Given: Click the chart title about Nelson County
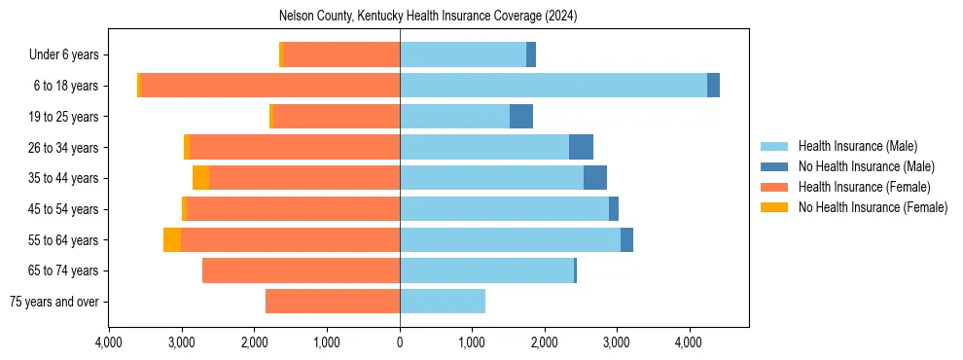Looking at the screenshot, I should (428, 16).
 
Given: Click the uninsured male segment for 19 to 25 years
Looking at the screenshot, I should (521, 117).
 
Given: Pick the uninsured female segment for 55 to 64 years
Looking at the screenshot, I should (172, 239).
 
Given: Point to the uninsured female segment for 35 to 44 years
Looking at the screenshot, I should (200, 178).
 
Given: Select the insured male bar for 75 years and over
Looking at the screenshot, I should (443, 302).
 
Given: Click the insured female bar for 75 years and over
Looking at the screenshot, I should (333, 302).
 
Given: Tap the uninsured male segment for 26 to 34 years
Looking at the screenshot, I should (581, 147).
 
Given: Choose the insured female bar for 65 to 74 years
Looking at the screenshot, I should (302, 270).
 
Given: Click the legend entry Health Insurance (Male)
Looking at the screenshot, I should (857, 146).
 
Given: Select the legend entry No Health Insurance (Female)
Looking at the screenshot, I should (873, 207).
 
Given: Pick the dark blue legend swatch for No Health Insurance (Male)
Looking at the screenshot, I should (774, 166).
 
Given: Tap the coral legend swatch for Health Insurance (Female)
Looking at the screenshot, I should (774, 187).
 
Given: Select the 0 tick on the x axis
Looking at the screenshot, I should (400, 342).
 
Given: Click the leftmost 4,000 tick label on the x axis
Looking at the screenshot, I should (109, 342).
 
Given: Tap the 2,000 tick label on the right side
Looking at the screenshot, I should (545, 342).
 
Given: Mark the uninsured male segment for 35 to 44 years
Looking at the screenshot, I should (595, 178).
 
